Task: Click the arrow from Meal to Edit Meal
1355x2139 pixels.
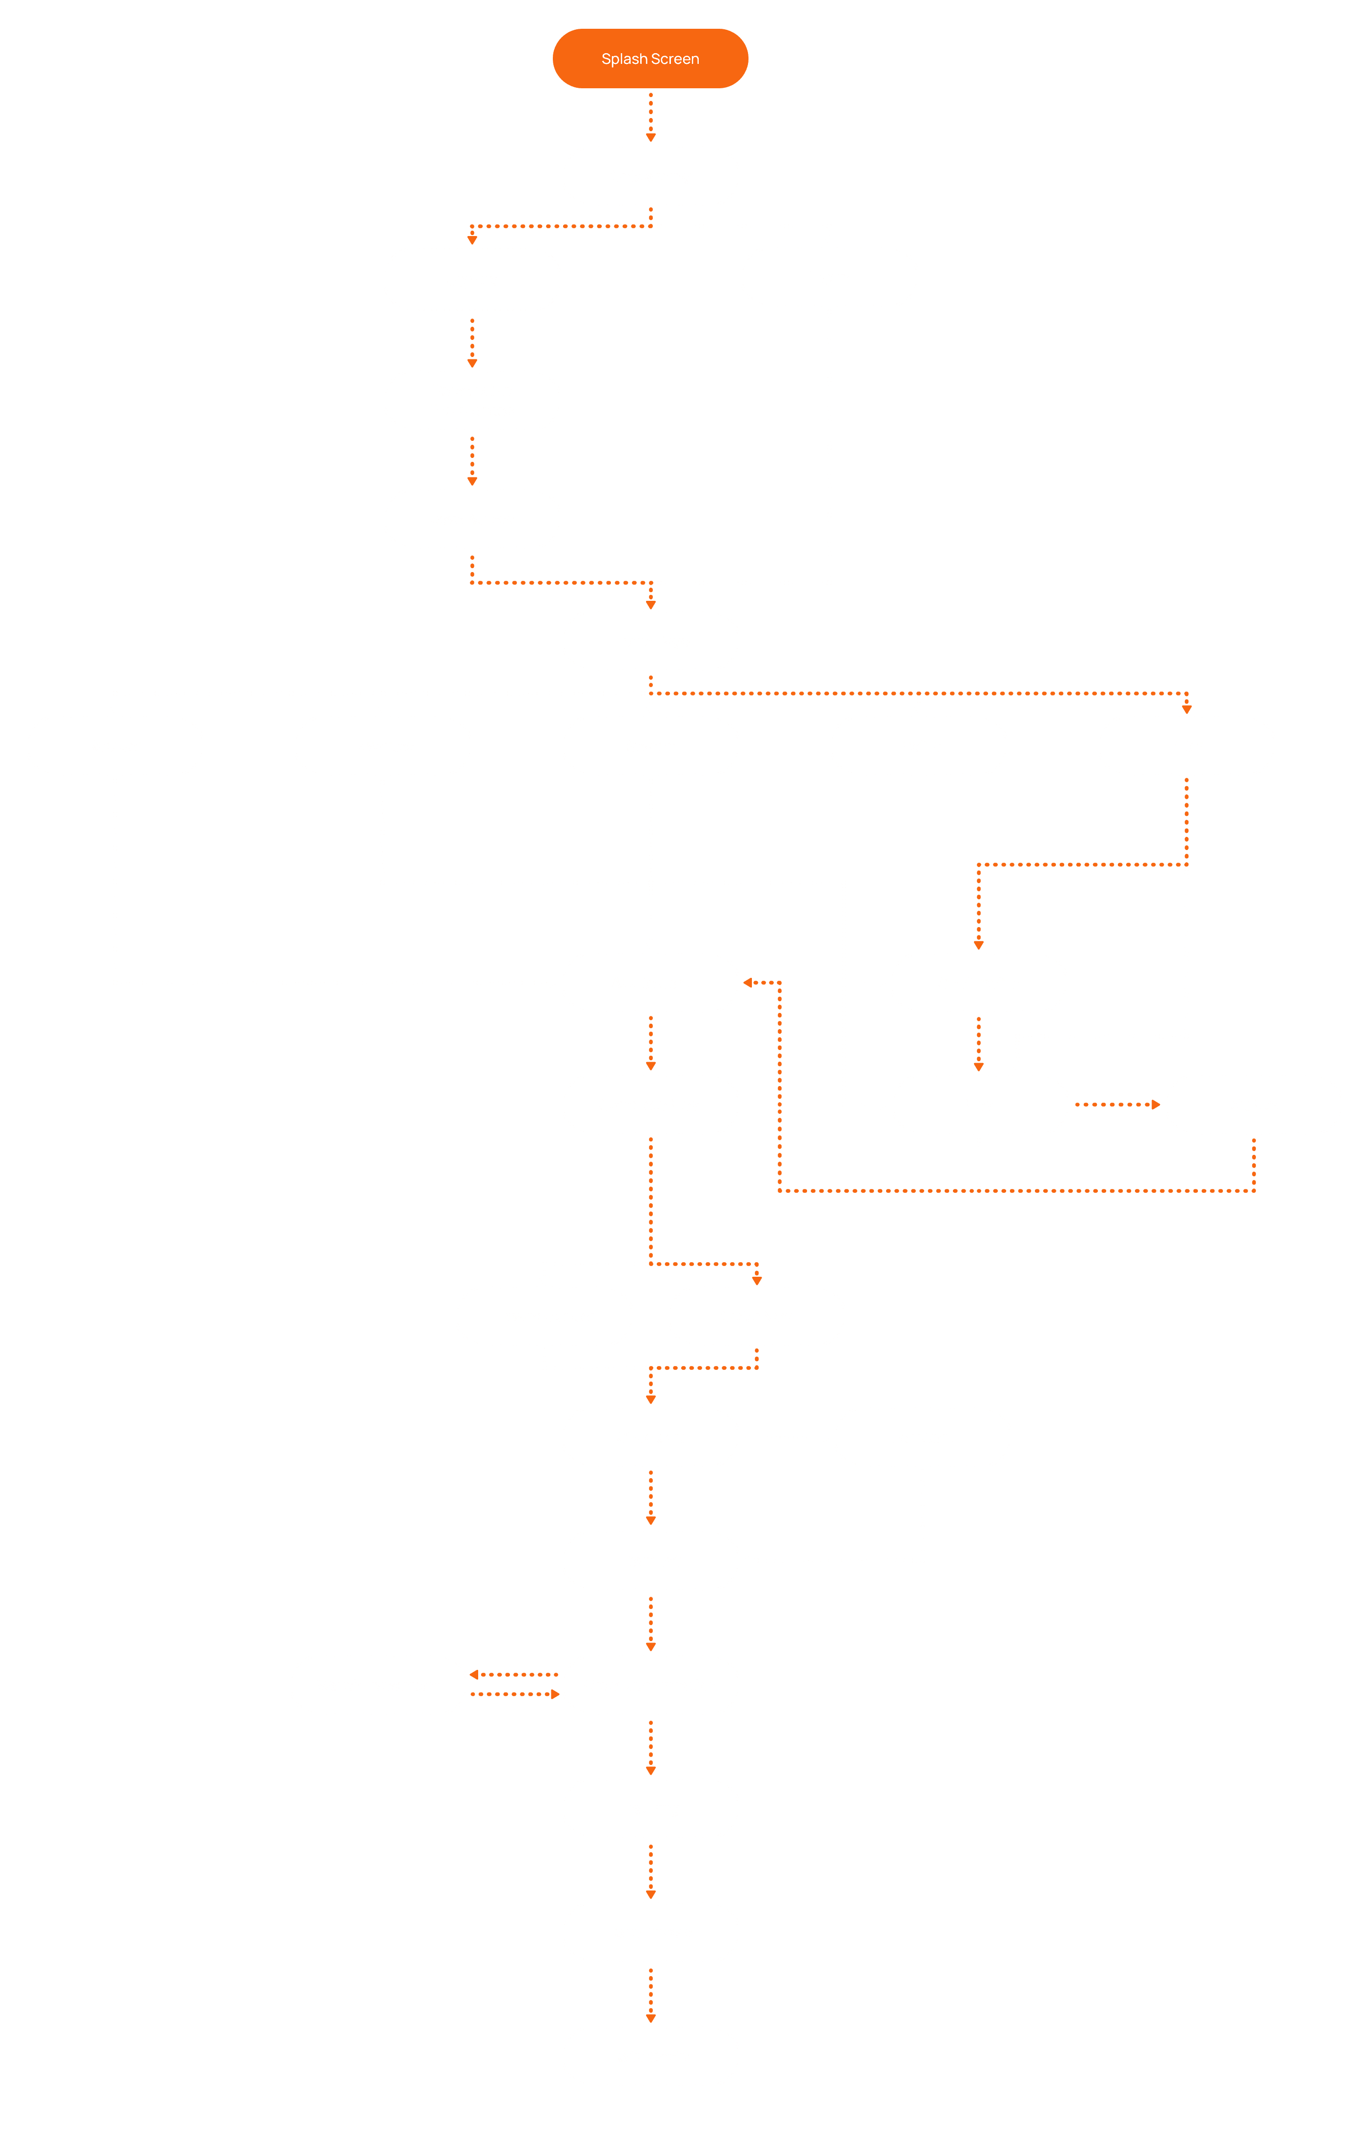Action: (x=1117, y=1104)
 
